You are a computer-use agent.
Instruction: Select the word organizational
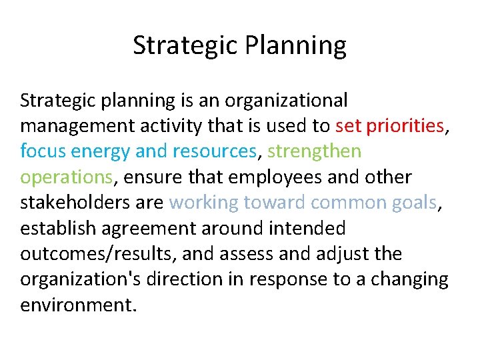point(287,101)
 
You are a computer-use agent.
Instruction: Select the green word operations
point(65,177)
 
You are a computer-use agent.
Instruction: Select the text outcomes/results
point(98,254)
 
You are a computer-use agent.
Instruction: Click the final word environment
point(78,305)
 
